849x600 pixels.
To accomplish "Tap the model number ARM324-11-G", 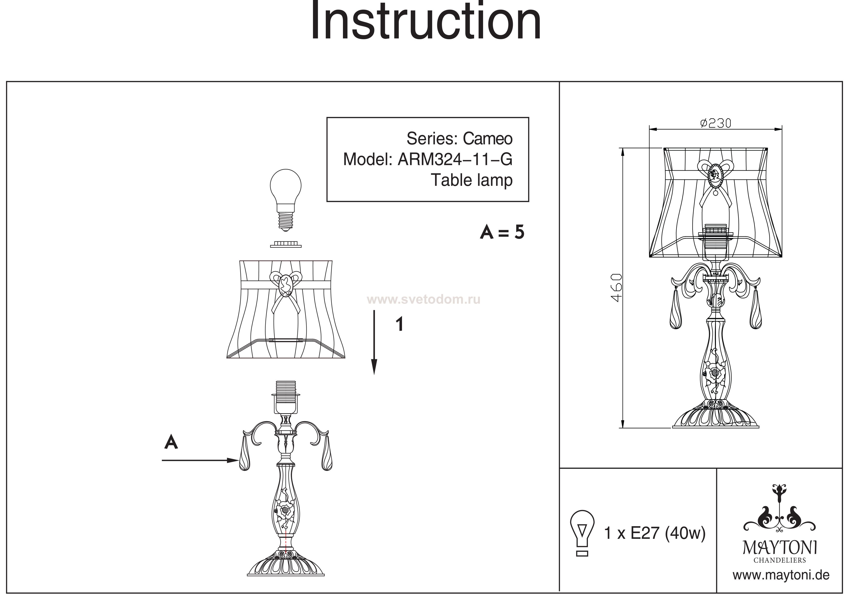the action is click(x=455, y=159).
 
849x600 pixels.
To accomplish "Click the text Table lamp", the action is click(x=472, y=180).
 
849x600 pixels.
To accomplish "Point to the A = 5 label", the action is click(x=502, y=232).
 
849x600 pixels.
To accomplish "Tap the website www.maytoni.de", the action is click(x=781, y=576).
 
